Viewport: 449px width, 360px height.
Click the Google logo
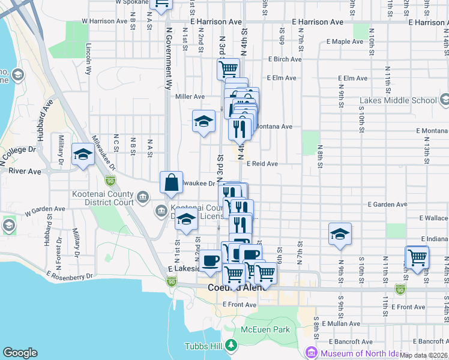(x=20, y=353)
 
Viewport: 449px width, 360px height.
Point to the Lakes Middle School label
(x=399, y=100)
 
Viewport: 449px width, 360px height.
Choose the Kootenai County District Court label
(x=103, y=199)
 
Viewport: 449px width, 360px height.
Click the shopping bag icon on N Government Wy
(x=172, y=183)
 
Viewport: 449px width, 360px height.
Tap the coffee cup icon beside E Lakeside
(x=210, y=261)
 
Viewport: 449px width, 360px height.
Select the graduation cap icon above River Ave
(x=83, y=155)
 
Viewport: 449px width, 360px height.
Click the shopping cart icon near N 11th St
(x=417, y=257)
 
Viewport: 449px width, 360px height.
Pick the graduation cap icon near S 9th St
(x=340, y=235)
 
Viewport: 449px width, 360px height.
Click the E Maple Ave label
(x=345, y=42)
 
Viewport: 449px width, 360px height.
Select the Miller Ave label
(x=190, y=97)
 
